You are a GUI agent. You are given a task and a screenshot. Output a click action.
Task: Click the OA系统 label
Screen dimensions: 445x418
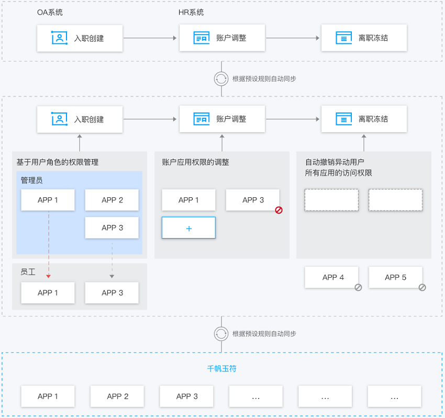click(x=50, y=13)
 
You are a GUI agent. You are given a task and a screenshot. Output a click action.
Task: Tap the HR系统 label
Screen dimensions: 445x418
click(x=191, y=13)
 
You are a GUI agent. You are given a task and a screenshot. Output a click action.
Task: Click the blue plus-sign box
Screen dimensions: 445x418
click(x=188, y=228)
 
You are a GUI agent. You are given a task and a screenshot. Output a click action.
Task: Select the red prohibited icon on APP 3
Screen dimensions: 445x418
click(x=279, y=210)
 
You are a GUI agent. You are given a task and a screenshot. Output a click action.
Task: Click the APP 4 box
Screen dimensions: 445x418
click(x=331, y=277)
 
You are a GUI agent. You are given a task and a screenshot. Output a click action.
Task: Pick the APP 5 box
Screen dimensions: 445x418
click(x=396, y=277)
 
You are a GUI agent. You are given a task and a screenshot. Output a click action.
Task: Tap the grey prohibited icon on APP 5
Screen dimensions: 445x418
click(x=422, y=288)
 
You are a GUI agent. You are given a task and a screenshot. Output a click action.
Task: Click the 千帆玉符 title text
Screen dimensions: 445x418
click(x=221, y=369)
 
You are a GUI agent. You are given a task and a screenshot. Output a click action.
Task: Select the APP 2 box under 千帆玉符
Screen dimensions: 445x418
click(x=117, y=396)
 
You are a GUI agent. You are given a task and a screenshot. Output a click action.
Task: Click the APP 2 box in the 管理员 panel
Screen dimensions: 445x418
click(x=112, y=200)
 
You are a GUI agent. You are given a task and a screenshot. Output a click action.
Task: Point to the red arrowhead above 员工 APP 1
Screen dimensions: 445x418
click(x=49, y=276)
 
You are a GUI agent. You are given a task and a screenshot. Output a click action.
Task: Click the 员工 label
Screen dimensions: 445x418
click(x=28, y=272)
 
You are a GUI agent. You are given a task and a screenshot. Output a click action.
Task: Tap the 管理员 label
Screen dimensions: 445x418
click(x=32, y=180)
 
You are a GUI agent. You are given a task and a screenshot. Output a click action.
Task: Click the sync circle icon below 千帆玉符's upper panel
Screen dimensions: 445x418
click(x=221, y=334)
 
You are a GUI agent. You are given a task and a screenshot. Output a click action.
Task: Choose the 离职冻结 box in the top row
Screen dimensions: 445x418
click(x=364, y=38)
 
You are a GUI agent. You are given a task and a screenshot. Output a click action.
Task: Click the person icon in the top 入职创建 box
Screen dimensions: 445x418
click(x=59, y=38)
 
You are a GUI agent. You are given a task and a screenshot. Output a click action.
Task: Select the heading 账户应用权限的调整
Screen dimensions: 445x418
click(x=196, y=162)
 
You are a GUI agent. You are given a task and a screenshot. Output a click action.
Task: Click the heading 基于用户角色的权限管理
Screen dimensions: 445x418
click(x=58, y=162)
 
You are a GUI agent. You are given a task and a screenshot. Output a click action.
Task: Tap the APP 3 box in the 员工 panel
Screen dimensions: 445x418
click(x=112, y=292)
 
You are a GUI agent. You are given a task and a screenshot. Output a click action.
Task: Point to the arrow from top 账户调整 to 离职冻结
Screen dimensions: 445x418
click(x=293, y=38)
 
